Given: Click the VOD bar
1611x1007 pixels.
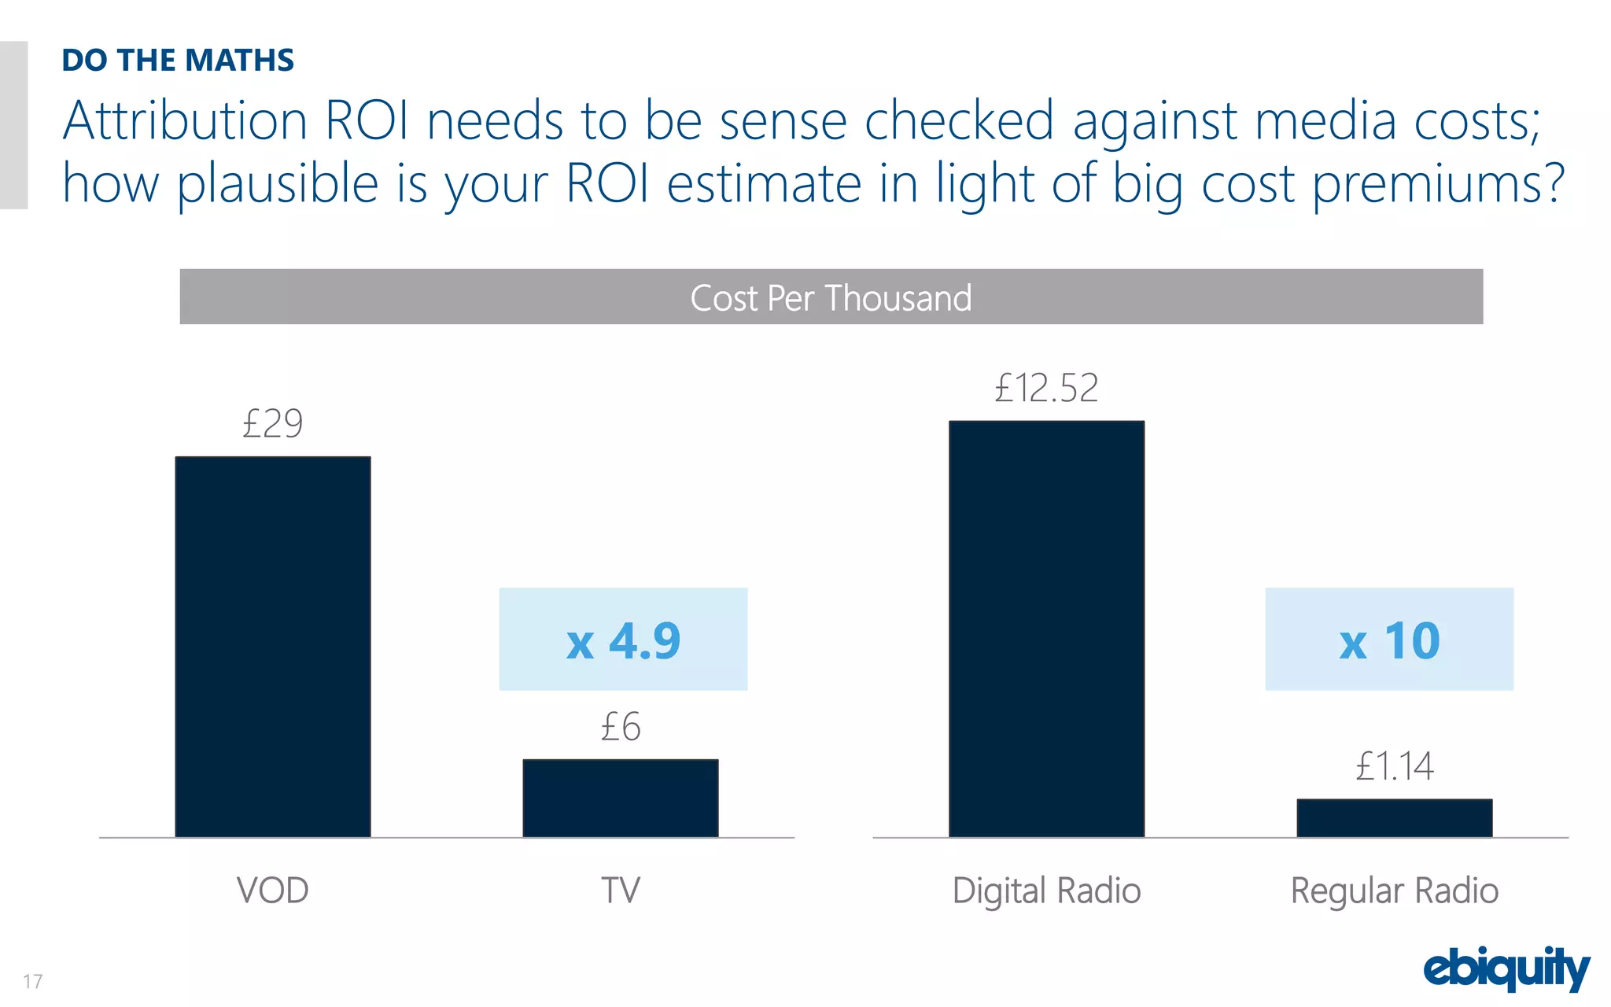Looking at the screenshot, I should (272, 647).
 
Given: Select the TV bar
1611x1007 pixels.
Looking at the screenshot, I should (620, 798).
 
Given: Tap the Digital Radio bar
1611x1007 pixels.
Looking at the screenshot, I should (1046, 629).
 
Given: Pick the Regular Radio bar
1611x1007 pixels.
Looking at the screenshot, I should (1394, 818).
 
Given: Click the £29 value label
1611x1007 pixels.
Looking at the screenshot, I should (272, 424).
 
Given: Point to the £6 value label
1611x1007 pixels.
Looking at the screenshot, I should (620, 727).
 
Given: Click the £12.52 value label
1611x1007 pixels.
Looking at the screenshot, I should (1046, 388).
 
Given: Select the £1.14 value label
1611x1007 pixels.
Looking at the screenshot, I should (1394, 766).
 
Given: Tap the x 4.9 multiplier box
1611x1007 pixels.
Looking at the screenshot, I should (623, 640).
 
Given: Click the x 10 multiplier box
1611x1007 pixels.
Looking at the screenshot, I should (1389, 640).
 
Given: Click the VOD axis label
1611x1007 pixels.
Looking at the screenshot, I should (272, 891).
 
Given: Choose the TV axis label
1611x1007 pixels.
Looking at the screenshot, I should (620, 891).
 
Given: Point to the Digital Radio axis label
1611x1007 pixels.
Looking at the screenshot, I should (1046, 891).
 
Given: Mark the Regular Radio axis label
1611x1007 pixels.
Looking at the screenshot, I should (1394, 891).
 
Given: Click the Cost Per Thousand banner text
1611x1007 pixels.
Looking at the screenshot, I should (831, 298).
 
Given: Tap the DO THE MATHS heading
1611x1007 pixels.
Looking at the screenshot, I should (178, 61).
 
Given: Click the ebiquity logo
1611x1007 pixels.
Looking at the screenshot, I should (1506, 969).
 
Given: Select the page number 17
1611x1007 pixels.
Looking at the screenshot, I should (32, 981).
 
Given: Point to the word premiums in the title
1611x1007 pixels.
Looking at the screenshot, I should (1438, 184).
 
